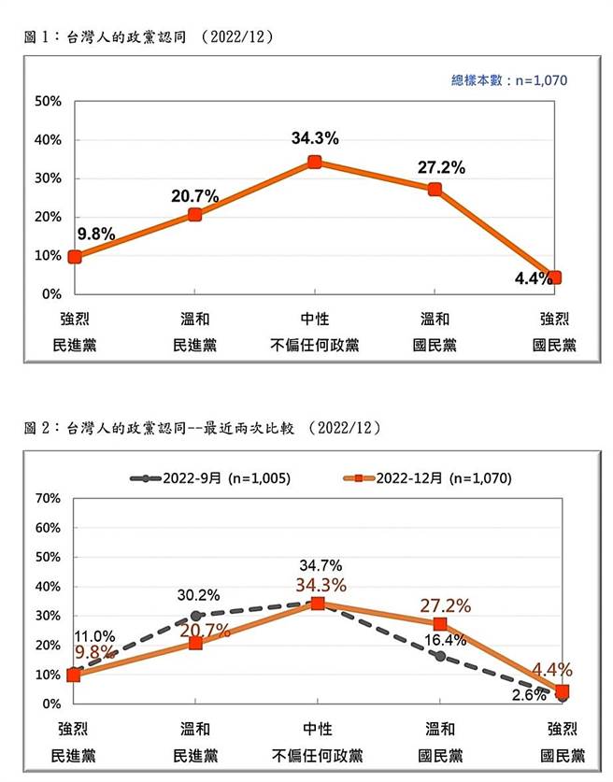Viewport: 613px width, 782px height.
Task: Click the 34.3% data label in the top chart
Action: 315,138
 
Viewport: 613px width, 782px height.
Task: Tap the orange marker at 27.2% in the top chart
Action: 435,190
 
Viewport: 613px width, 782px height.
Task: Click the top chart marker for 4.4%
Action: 554,277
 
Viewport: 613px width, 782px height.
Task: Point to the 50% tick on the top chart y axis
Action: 48,101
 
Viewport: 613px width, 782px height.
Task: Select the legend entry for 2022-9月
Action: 210,477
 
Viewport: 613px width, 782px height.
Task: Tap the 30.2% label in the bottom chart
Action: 198,594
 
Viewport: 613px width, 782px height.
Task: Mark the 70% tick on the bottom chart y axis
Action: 48,498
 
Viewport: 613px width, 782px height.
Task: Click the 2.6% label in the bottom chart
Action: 529,694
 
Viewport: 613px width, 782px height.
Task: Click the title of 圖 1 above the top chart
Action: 149,37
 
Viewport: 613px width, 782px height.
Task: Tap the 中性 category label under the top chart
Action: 315,320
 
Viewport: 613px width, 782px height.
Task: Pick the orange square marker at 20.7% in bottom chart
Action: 195,643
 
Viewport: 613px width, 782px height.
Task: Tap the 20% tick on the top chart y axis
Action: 48,217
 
